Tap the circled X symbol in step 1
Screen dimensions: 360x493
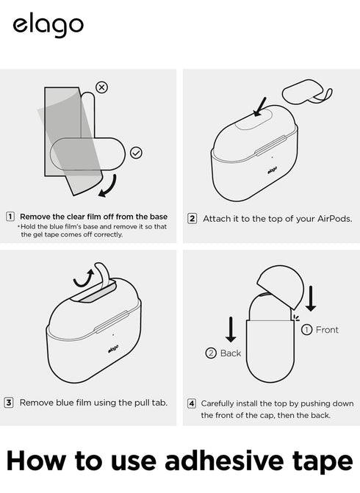tap(101, 87)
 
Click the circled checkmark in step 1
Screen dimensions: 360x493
tap(136, 153)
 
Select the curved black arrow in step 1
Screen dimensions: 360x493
tap(109, 187)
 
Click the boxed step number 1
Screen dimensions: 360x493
tap(10, 216)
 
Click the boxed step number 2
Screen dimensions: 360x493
tap(192, 218)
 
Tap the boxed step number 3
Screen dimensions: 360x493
tap(9, 403)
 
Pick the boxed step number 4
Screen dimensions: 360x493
tap(192, 403)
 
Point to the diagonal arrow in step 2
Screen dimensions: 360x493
tap(260, 107)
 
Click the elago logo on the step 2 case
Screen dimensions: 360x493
tap(273, 170)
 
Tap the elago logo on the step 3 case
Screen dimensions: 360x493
tap(113, 348)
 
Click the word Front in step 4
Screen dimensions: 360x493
tap(327, 330)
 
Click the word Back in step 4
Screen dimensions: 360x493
tap(231, 353)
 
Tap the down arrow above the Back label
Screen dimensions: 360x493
tap(231, 329)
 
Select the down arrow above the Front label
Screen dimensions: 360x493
tap(311, 298)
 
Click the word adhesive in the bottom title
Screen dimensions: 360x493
tap(224, 461)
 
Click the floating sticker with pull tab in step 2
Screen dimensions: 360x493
tap(307, 93)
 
